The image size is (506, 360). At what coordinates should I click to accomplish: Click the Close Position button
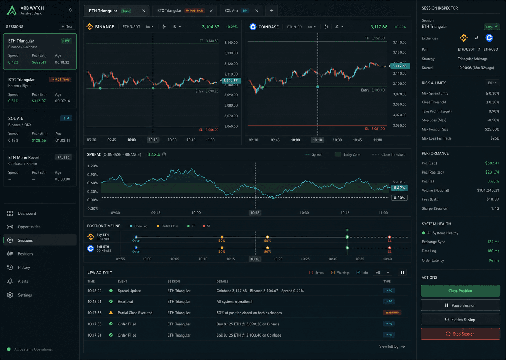460,291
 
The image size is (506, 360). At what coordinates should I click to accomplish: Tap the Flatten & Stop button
460,320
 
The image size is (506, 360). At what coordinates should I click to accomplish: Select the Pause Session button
460,305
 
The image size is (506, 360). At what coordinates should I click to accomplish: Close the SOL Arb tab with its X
257,11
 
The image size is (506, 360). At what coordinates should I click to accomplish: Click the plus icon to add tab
272,11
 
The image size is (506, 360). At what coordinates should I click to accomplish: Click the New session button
67,27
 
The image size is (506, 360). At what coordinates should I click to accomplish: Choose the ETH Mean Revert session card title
24,158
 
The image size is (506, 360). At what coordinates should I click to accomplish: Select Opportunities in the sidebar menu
29,227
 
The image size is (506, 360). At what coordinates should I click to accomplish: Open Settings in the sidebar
25,295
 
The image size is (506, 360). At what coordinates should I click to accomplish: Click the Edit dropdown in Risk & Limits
492,83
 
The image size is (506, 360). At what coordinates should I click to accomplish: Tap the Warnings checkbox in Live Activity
333,272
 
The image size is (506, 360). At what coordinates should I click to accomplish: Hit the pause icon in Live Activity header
402,272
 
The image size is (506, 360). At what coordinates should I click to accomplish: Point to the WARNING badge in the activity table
392,313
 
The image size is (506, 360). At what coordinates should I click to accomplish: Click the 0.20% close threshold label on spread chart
399,198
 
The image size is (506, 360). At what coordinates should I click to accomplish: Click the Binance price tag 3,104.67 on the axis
231,81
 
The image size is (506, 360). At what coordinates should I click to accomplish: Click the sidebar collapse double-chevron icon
71,10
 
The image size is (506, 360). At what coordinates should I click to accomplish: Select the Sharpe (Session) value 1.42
495,208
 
